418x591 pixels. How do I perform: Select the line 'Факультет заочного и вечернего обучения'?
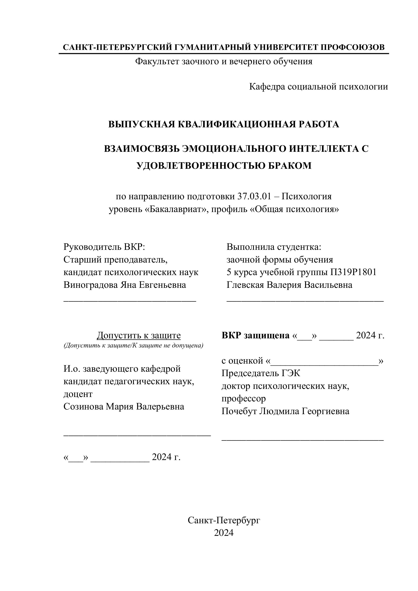224,61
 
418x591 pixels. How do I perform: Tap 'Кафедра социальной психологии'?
318,87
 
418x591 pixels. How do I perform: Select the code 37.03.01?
254,196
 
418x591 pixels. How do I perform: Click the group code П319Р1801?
353,272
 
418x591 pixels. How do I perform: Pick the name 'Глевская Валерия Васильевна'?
289,285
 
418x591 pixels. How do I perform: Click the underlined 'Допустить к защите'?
139,335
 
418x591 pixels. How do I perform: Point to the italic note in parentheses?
133,346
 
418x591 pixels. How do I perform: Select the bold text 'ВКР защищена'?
255,335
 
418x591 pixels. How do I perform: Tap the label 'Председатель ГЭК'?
261,373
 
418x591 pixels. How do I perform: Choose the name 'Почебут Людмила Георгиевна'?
285,411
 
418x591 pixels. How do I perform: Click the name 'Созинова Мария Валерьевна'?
124,406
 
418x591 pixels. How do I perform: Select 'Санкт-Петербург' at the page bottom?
224,520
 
